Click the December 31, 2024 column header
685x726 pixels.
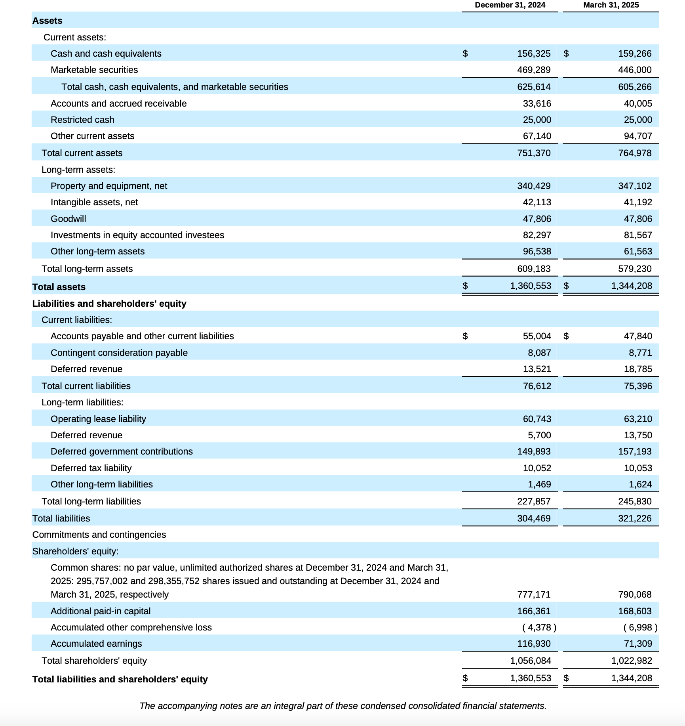tap(510, 5)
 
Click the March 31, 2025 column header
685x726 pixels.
tap(611, 5)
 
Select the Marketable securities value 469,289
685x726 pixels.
tap(533, 70)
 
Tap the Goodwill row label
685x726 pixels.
tap(68, 219)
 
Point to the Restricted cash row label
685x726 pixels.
tap(82, 120)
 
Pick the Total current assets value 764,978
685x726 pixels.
tap(634, 153)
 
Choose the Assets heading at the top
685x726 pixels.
tap(47, 21)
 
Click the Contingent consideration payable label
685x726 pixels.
tap(119, 353)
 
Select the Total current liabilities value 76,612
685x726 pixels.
tap(537, 386)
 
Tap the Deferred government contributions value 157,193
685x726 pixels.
tap(634, 451)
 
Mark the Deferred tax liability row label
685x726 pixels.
tap(91, 468)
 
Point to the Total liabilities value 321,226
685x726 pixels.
tap(634, 518)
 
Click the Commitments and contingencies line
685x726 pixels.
tap(99, 535)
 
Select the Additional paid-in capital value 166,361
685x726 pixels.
tap(533, 611)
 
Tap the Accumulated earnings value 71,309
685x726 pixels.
tap(637, 644)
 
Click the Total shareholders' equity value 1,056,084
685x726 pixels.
tap(530, 661)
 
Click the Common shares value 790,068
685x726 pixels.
tap(634, 594)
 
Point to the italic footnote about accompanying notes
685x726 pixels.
tap(342, 706)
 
